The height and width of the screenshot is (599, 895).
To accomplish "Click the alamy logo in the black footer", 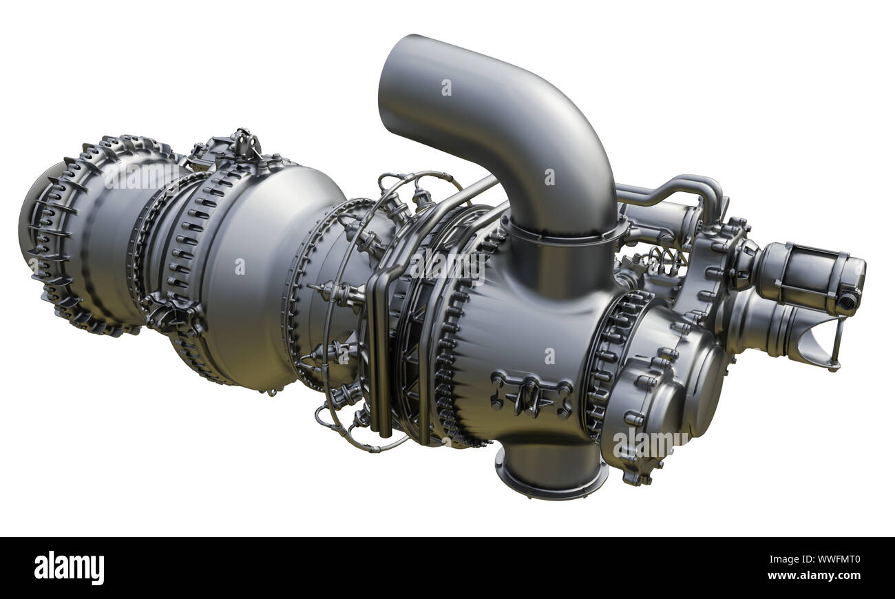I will [x=70, y=568].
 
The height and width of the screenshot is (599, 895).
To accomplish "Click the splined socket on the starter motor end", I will [x=849, y=300].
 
